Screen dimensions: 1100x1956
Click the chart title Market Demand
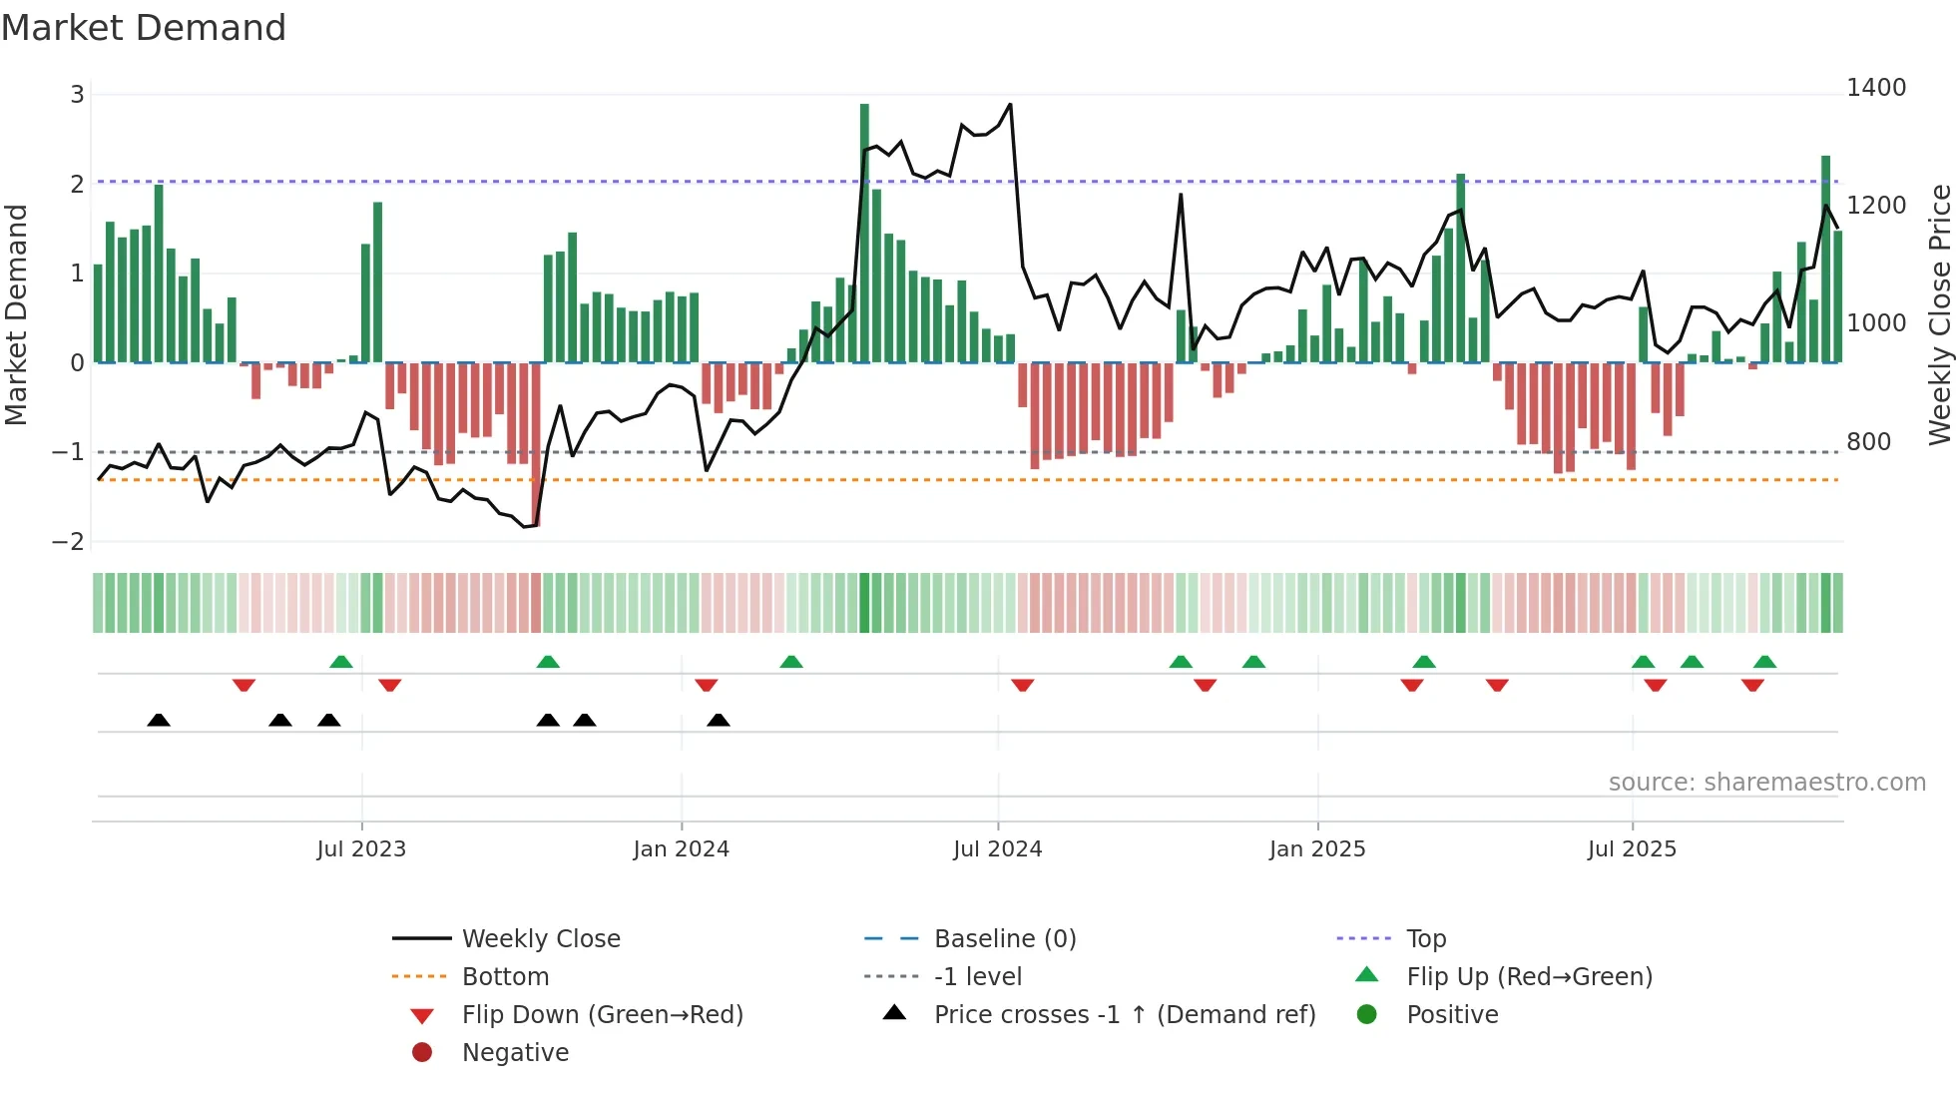pyautogui.click(x=144, y=28)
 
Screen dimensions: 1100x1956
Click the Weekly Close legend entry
pyautogui.click(x=540, y=938)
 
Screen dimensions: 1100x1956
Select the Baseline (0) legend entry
pyautogui.click(x=1004, y=938)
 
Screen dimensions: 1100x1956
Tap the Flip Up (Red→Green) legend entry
pyautogui.click(x=1528, y=976)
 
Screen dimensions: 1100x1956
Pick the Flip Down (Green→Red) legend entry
pyautogui.click(x=602, y=1014)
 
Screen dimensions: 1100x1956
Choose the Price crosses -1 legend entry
pyautogui.click(x=1124, y=1014)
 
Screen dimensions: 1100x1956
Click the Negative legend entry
pyautogui.click(x=515, y=1052)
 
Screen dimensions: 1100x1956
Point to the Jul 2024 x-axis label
pyautogui.click(x=997, y=848)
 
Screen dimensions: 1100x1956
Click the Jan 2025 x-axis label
pyautogui.click(x=1316, y=848)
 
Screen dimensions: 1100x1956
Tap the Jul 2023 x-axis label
pyautogui.click(x=361, y=848)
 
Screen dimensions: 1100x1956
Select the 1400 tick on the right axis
pyautogui.click(x=1875, y=88)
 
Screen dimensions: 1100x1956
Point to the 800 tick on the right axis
pyautogui.click(x=1868, y=441)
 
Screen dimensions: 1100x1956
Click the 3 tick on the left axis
pyautogui.click(x=77, y=95)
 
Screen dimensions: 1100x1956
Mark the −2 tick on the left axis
pyautogui.click(x=69, y=541)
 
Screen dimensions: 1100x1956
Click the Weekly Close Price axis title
pyautogui.click(x=1939, y=314)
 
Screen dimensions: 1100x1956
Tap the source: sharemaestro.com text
pyautogui.click(x=1766, y=782)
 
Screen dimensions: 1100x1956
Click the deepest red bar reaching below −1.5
pyautogui.click(x=536, y=444)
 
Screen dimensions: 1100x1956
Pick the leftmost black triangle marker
pyautogui.click(x=159, y=720)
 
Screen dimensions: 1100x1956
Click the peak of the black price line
pyautogui.click(x=1010, y=105)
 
